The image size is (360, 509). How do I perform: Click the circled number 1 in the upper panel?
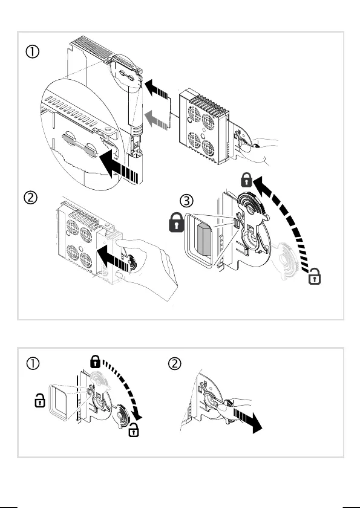tap(33, 51)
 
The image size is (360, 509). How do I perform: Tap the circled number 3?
tap(186, 201)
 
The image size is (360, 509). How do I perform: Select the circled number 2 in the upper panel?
tap(30, 197)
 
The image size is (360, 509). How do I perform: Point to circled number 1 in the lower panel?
tap(33, 363)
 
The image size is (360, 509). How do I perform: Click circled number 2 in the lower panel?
tap(175, 363)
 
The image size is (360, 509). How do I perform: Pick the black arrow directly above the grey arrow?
tap(157, 90)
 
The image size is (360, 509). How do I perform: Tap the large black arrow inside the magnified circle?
tap(120, 166)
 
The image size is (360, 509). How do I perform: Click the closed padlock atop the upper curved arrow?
tap(247, 180)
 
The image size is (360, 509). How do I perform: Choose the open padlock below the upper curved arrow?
tap(315, 276)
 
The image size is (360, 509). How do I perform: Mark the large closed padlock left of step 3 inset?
tap(177, 222)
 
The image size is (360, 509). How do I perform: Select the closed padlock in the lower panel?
tap(95, 361)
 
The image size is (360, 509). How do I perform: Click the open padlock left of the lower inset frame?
tap(40, 400)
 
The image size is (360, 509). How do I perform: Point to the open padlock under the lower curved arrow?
tap(134, 430)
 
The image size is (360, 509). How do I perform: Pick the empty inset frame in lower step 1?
tap(49, 403)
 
